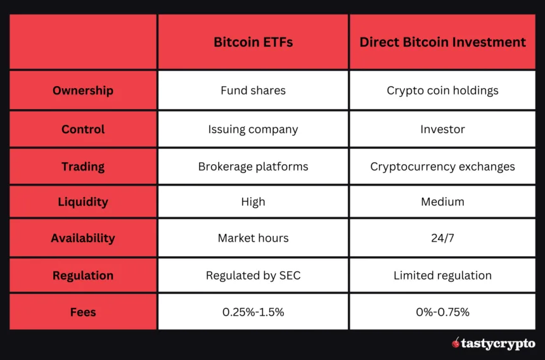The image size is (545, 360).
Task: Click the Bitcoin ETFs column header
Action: tap(253, 42)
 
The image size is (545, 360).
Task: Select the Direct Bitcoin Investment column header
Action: tap(442, 42)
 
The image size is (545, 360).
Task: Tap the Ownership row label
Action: tap(83, 91)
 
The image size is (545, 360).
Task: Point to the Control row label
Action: tap(83, 129)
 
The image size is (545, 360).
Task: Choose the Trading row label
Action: tap(83, 167)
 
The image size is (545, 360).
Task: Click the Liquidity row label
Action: tap(83, 202)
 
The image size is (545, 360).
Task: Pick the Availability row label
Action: tap(83, 238)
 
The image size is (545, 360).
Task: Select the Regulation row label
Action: tap(83, 276)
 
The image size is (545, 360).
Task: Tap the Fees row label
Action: tap(83, 312)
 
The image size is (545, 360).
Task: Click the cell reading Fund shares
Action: tap(253, 91)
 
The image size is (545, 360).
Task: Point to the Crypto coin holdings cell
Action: tap(442, 91)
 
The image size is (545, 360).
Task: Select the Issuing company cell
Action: tap(253, 129)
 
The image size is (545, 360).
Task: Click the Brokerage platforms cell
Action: tap(253, 167)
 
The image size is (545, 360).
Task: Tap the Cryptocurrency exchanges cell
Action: tap(442, 167)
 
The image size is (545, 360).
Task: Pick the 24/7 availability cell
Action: tap(442, 238)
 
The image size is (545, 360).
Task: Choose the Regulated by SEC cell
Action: tap(253, 276)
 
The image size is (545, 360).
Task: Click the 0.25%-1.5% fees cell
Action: tap(253, 312)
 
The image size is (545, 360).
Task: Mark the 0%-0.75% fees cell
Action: tap(442, 312)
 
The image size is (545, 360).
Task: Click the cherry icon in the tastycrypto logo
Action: tap(456, 343)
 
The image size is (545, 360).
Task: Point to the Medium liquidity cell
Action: tap(442, 202)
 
